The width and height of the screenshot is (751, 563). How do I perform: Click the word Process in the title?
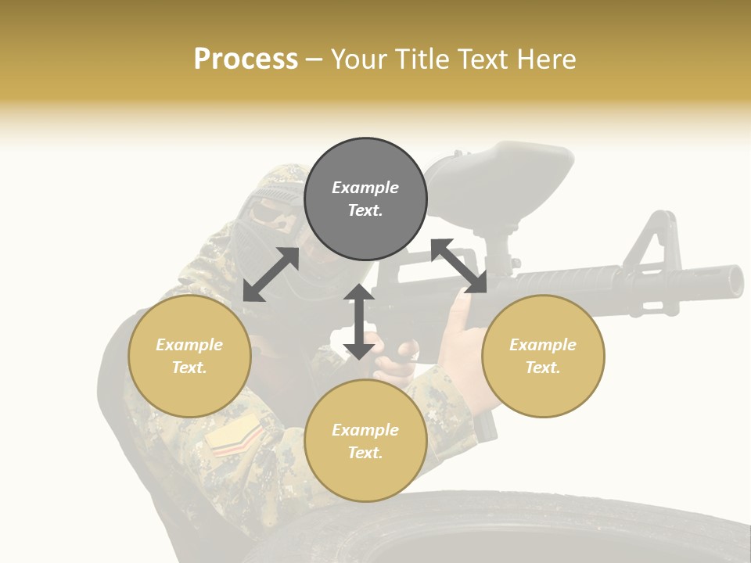tap(246, 59)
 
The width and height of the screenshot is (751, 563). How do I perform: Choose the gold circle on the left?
tap(189, 356)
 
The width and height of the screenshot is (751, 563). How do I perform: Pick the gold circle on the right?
tap(543, 356)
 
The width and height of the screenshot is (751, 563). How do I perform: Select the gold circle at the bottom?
tap(365, 441)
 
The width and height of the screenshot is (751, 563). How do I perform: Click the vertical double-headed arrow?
tap(359, 321)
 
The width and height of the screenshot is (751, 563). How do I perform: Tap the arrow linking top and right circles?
tap(459, 266)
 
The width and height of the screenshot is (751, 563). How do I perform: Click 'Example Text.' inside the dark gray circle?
tap(365, 199)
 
